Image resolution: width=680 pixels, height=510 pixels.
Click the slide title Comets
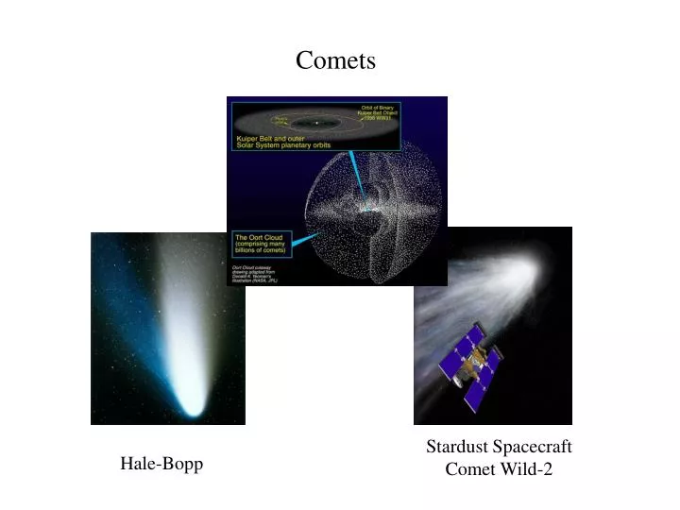(x=335, y=60)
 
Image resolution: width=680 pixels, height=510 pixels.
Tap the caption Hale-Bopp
(x=161, y=464)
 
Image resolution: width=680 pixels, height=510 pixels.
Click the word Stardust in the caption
(x=458, y=447)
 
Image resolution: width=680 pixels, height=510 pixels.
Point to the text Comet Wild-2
(x=499, y=469)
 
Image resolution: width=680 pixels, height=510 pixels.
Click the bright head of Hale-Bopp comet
(x=193, y=407)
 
